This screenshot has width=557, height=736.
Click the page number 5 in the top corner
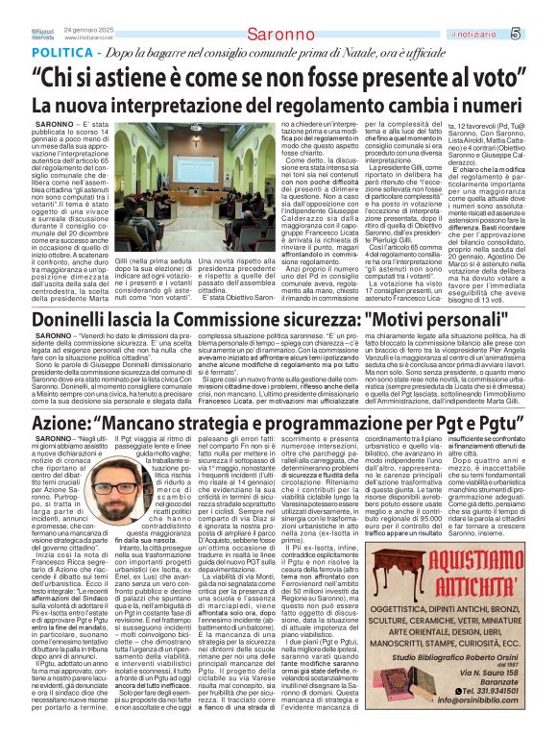click(542, 35)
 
